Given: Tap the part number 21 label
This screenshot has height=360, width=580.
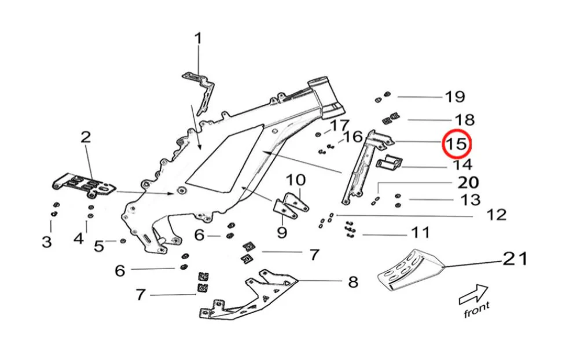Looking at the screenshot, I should coord(515,258).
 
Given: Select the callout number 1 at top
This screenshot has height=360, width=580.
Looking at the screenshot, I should coord(198,39).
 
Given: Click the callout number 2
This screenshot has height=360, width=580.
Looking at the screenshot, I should coord(85,137).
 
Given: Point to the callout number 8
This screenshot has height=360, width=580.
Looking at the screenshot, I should coord(353,282).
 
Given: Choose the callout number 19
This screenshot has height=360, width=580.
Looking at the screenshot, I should coord(455,97).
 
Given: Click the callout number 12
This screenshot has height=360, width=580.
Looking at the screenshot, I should coord(497,215).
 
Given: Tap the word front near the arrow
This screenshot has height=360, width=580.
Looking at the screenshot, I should coord(476,309).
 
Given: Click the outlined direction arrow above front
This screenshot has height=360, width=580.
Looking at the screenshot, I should coord(472,292).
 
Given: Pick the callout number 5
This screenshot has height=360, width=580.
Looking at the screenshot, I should coord(99,245).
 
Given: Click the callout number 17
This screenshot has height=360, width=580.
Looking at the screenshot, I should coord(340,126).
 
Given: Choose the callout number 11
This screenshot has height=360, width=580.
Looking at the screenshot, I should coord(421,233).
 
